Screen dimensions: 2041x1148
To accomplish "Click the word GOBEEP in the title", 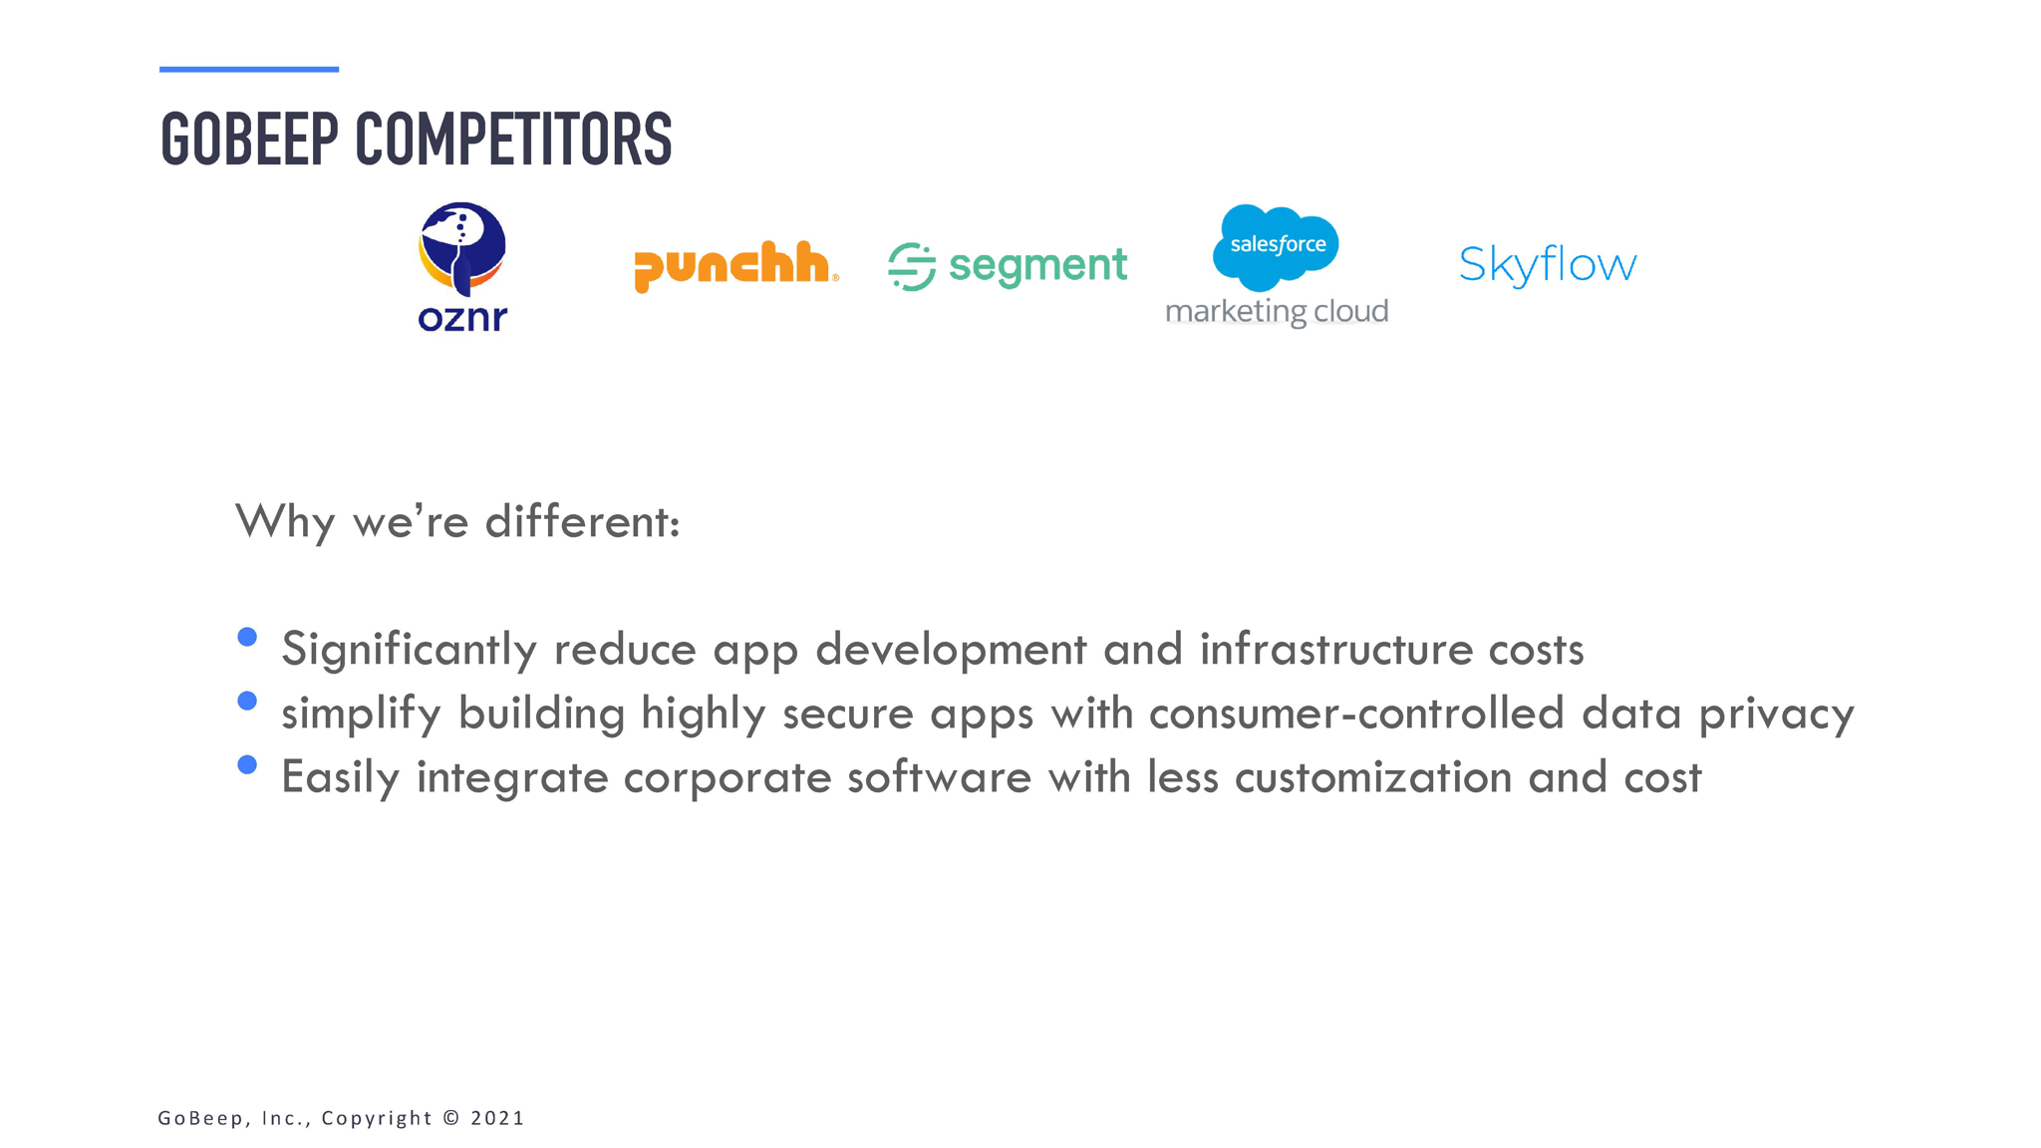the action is click(249, 139).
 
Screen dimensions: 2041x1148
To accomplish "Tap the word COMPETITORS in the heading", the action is click(513, 139).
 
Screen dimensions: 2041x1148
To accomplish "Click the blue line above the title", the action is click(249, 69).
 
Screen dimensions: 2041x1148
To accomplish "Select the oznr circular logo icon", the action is click(461, 249).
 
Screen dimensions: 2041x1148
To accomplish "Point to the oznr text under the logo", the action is click(462, 318).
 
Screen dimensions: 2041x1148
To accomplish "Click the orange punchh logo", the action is click(735, 266).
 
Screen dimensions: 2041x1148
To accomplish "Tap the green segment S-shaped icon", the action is click(912, 266).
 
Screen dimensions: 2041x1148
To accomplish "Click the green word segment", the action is click(1037, 266).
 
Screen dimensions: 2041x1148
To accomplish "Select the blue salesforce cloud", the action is click(1276, 247).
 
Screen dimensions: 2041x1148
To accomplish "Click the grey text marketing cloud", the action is click(1277, 312).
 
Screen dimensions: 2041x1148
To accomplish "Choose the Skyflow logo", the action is click(1548, 265).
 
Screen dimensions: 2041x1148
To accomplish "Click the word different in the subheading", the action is click(582, 521).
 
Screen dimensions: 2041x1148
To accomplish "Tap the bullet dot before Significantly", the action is click(248, 637).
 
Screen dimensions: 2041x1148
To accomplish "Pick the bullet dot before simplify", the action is click(248, 701).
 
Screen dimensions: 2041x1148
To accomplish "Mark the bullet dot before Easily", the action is click(248, 764).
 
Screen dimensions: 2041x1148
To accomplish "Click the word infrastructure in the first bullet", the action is click(1336, 650).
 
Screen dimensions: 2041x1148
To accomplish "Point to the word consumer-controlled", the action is click(1356, 714).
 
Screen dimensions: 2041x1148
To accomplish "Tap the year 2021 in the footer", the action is click(497, 1118).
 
